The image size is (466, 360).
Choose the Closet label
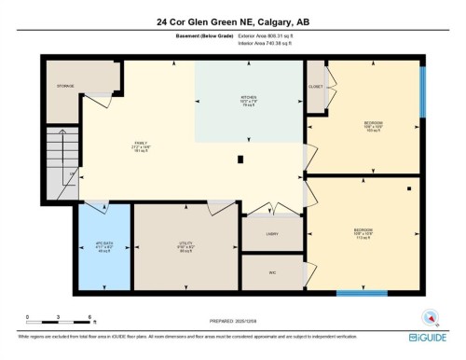(x=315, y=86)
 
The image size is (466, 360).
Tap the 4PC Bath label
(x=103, y=246)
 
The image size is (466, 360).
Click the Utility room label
(x=185, y=246)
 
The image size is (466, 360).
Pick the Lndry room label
(x=272, y=234)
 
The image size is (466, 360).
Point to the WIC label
(x=272, y=272)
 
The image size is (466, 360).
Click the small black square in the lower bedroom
(x=408, y=189)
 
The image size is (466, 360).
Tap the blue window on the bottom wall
(x=362, y=293)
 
